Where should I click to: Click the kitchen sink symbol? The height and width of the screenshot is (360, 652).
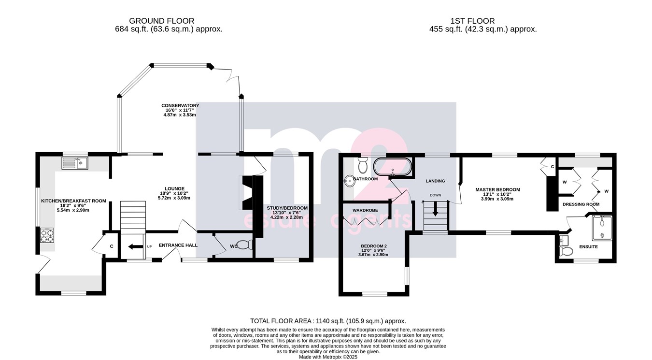tap(75, 163)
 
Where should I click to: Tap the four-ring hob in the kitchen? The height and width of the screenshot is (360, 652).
tap(47, 235)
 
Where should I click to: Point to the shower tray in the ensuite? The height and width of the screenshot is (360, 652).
tap(602, 228)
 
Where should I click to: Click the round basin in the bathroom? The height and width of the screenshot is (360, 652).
tap(349, 181)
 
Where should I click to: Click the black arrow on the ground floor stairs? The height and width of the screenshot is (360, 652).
tap(136, 247)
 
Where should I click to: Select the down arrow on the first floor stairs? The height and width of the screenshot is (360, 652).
tap(435, 209)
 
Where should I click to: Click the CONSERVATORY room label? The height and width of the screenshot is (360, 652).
tap(180, 105)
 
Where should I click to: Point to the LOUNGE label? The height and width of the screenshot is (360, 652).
tap(175, 188)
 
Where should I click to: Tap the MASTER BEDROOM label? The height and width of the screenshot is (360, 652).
tap(498, 189)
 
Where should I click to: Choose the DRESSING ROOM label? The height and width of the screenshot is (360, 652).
tap(581, 204)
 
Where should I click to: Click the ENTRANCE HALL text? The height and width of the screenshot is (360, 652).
tap(178, 245)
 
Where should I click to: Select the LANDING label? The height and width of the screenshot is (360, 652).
tap(436, 181)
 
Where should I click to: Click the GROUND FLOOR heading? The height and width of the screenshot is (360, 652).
tap(161, 21)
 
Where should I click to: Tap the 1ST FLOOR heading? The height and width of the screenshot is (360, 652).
tap(472, 21)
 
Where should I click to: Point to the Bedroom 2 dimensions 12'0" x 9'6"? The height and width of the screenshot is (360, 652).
tap(373, 250)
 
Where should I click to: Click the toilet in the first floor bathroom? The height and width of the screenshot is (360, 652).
tap(363, 165)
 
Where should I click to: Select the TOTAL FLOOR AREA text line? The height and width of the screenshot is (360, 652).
tap(328, 321)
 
